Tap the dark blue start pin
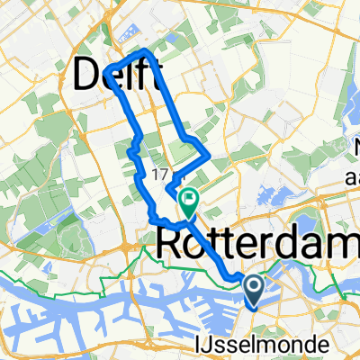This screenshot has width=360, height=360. click(x=254, y=290)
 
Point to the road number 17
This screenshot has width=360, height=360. click(x=161, y=173)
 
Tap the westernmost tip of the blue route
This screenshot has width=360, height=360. click(x=104, y=71)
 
